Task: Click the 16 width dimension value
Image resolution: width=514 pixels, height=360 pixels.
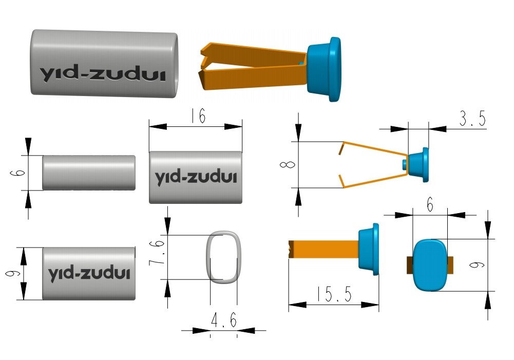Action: point(196,117)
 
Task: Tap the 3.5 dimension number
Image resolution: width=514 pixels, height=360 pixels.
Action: point(472,119)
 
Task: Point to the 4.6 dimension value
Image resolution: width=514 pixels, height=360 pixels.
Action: point(224,321)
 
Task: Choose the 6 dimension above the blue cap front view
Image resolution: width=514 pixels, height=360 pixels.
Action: point(430,205)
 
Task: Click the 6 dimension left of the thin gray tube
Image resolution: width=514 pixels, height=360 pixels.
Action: point(14,173)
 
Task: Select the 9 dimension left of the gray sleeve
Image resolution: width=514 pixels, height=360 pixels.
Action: point(12,273)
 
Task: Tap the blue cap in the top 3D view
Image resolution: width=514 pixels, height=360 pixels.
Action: point(325,68)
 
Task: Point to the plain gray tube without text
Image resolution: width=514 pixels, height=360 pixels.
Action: point(89,173)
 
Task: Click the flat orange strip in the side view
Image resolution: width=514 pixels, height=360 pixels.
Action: point(323,250)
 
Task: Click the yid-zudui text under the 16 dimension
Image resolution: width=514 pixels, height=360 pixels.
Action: point(195,178)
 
